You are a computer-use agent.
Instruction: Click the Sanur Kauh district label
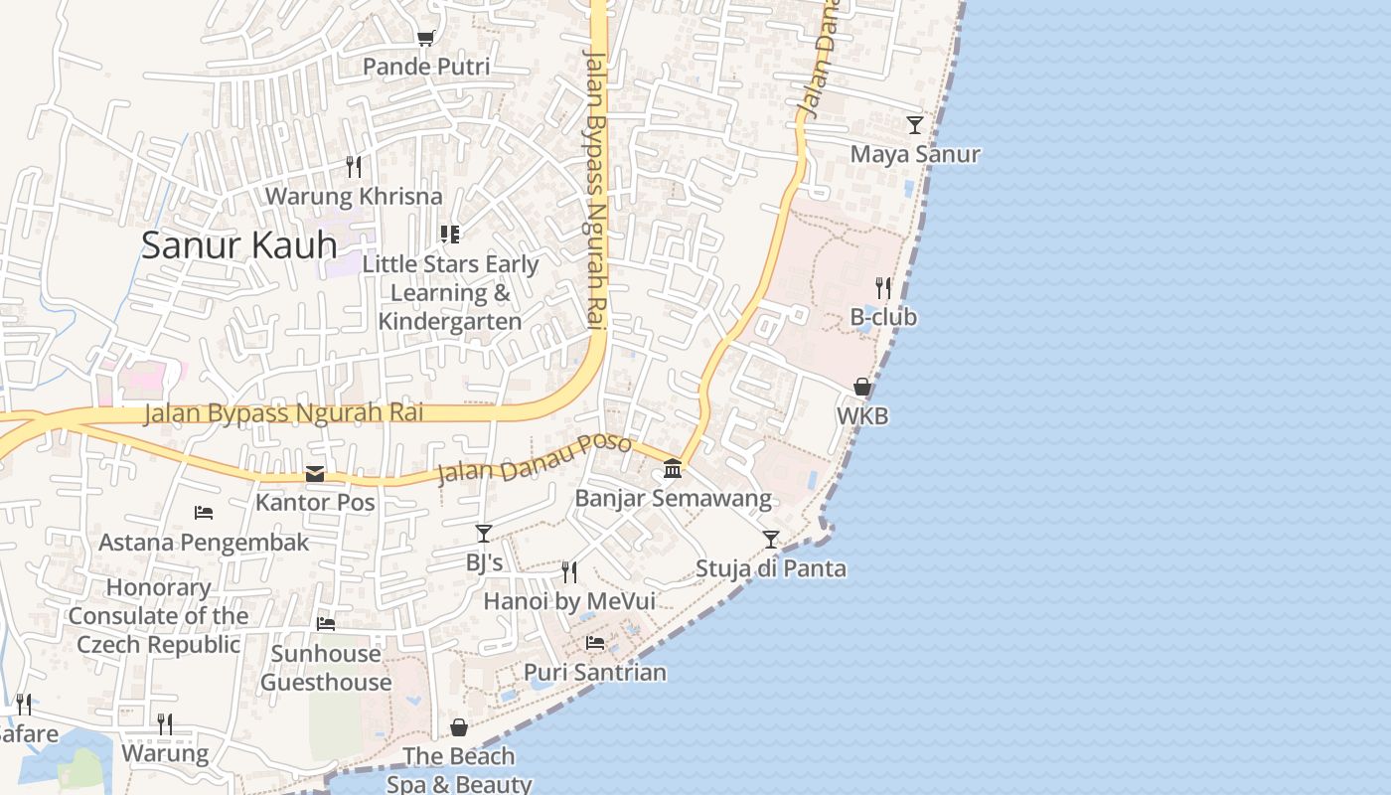pyautogui.click(x=238, y=244)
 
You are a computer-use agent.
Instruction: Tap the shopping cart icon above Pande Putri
pyautogui.click(x=426, y=39)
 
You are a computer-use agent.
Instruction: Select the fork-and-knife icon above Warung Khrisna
pyautogui.click(x=354, y=166)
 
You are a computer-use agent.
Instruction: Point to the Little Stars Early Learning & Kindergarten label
pyautogui.click(x=450, y=293)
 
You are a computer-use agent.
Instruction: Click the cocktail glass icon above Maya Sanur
pyautogui.click(x=915, y=125)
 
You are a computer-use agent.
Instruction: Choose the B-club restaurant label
pyautogui.click(x=883, y=317)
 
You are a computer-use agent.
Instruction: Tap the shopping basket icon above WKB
pyautogui.click(x=862, y=387)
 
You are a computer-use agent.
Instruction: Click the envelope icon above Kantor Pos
pyautogui.click(x=315, y=474)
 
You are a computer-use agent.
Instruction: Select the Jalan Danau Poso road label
pyautogui.click(x=535, y=458)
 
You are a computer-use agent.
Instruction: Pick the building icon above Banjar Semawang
pyautogui.click(x=673, y=468)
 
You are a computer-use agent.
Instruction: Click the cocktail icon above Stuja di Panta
pyautogui.click(x=771, y=540)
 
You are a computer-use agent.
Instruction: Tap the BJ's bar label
pyautogui.click(x=484, y=562)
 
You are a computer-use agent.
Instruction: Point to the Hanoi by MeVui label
pyautogui.click(x=569, y=601)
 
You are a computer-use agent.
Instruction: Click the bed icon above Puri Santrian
pyautogui.click(x=595, y=643)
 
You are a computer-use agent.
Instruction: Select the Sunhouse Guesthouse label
pyautogui.click(x=326, y=668)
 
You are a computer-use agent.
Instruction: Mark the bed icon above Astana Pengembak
pyautogui.click(x=204, y=513)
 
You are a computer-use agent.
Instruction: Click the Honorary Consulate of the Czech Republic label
pyautogui.click(x=159, y=616)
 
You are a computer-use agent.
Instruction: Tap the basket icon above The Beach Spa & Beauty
pyautogui.click(x=459, y=728)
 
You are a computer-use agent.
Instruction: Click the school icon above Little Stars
pyautogui.click(x=450, y=235)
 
